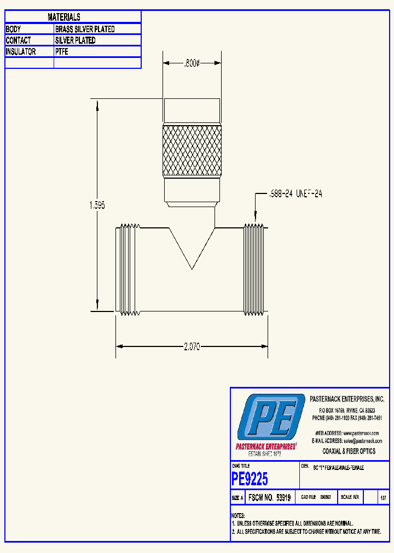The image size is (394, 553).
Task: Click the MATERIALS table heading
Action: coord(64,17)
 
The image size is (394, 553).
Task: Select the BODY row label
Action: coord(14,29)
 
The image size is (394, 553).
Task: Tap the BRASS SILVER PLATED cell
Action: coord(85,29)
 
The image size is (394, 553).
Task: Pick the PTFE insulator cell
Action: coord(62,51)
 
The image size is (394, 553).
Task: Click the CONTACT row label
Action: coord(18,40)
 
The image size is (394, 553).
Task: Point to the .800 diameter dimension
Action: coord(191,63)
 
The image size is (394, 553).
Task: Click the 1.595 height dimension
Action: coord(97,205)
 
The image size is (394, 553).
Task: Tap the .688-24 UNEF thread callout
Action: coord(295,194)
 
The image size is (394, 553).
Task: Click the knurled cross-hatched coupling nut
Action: coord(192,151)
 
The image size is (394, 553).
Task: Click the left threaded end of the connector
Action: coord(128,270)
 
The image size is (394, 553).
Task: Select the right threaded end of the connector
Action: coord(254,270)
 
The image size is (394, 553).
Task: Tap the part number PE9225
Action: coord(250,479)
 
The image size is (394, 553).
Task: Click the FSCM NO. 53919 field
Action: coord(269,498)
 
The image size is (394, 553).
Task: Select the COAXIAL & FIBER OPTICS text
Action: coord(349,451)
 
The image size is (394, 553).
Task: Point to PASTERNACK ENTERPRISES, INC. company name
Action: coord(347,399)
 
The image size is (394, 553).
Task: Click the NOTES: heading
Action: coord(237,515)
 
